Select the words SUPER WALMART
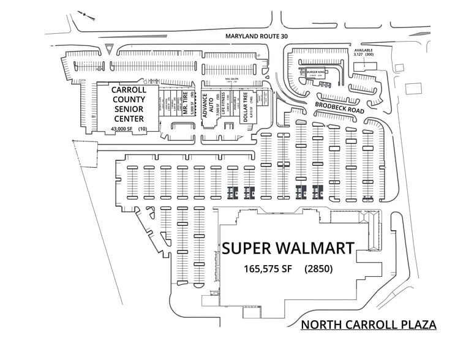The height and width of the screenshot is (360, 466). (288, 249)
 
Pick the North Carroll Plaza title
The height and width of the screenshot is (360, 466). (368, 324)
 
